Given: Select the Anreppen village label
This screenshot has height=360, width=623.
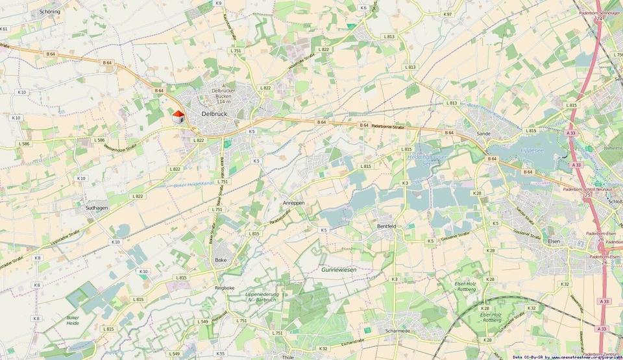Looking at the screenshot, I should [293, 202].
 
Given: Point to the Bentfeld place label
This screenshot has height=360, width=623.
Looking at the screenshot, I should [386, 226].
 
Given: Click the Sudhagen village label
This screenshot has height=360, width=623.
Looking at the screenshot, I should [97, 208].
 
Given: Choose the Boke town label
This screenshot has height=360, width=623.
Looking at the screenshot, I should [221, 259].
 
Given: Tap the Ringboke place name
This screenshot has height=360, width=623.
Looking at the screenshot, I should [224, 287].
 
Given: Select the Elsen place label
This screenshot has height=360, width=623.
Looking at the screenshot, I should [554, 241].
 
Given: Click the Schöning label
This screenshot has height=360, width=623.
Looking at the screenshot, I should [49, 12].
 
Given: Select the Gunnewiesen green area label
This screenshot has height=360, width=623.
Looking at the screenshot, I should [339, 269].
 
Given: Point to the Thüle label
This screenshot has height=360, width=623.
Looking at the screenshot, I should [288, 357].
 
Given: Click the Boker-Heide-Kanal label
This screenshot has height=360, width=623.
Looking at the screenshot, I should [193, 185].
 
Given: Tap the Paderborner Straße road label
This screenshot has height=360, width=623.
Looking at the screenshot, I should [388, 127].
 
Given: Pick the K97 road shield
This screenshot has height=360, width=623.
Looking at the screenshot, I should [447, 14].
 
